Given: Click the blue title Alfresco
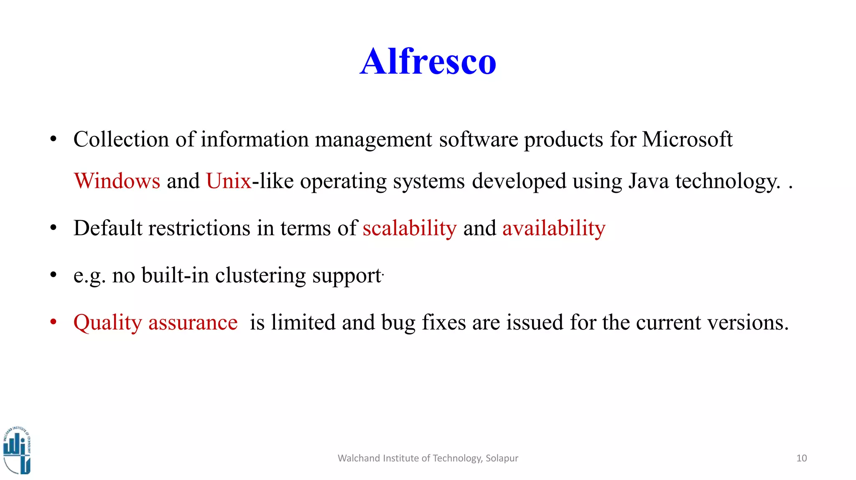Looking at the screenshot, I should tap(428, 62).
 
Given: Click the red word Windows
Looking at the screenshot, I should tap(117, 181).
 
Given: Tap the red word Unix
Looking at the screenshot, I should tap(229, 181).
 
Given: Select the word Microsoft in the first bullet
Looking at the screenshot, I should tap(687, 140).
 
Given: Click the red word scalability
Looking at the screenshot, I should tap(410, 229).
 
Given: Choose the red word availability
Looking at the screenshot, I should tap(554, 229).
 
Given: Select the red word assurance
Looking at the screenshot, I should tap(193, 323).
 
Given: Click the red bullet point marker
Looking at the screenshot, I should tap(53, 322).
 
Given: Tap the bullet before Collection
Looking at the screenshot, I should tap(53, 140).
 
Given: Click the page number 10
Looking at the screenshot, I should tap(801, 458).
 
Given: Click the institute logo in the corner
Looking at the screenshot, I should tap(17, 451).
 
